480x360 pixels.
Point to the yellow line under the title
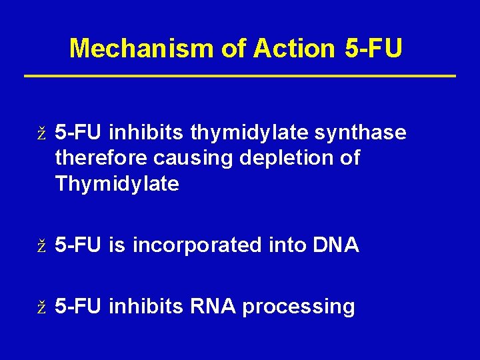240,76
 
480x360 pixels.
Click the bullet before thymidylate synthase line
41,134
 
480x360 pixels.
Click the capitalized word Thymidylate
117,184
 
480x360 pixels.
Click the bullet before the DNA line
41,247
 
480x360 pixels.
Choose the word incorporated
197,246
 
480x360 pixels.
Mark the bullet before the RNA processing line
41,308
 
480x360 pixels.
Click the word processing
299,307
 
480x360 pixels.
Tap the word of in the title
231,48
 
